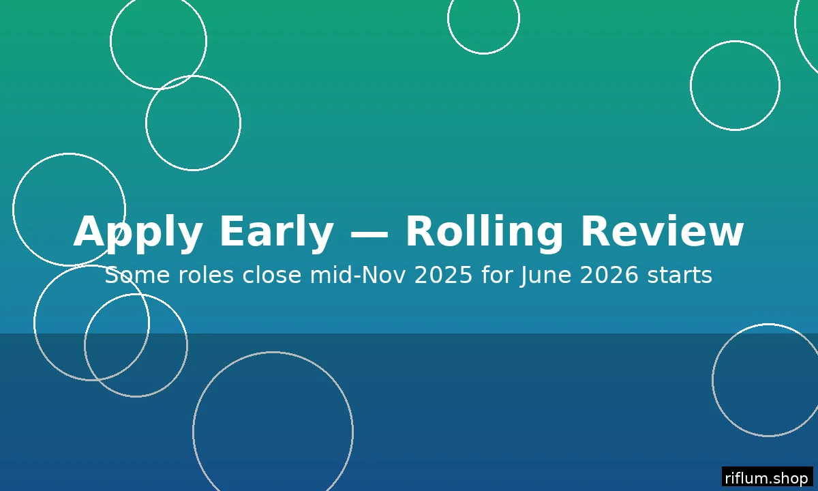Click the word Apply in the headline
pos(138,233)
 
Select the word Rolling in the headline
pos(484,233)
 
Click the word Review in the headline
pos(662,231)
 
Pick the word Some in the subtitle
pos(137,275)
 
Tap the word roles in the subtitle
pos(206,275)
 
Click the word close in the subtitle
pos(272,275)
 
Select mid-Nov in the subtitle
pos(358,275)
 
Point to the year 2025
pos(443,275)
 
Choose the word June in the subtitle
pos(545,276)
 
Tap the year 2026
pos(609,275)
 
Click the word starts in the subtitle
pos(680,276)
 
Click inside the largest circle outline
pos(273,351)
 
